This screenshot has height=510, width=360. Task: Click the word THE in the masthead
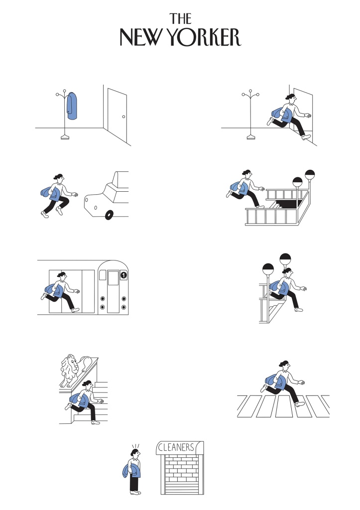pyautogui.click(x=180, y=19)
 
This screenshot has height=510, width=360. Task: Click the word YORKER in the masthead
pyautogui.click(x=205, y=37)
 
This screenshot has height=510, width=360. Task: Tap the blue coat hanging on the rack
pyautogui.click(x=72, y=106)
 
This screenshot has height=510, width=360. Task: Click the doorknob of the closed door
pyautogui.click(x=123, y=117)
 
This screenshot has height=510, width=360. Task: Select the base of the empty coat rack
pyautogui.click(x=251, y=137)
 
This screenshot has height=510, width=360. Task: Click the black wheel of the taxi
pyautogui.click(x=109, y=215)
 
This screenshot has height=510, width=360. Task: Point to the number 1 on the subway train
pyautogui.click(x=123, y=275)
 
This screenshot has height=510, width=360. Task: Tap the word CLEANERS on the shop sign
pyautogui.click(x=176, y=447)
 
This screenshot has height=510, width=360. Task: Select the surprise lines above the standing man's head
pyautogui.click(x=135, y=447)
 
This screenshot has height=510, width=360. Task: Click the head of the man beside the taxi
pyautogui.click(x=59, y=178)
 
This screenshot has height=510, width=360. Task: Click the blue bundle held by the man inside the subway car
pyautogui.click(x=54, y=290)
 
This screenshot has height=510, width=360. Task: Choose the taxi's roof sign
pyautogui.click(x=120, y=178)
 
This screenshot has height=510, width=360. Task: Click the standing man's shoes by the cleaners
pyautogui.click(x=135, y=493)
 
